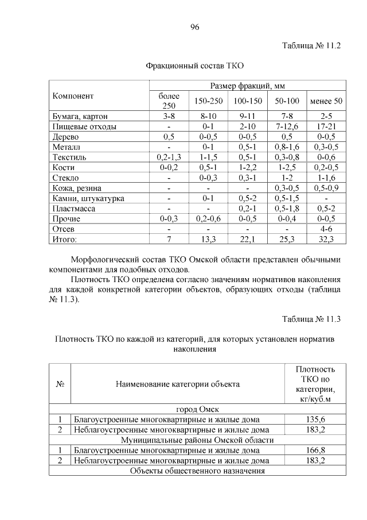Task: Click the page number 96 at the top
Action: (x=194, y=27)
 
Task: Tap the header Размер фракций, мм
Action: (x=247, y=86)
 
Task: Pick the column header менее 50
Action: (x=326, y=101)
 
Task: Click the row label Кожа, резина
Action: (x=77, y=188)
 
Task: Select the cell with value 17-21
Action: (x=326, y=126)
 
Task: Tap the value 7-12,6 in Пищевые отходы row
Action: (x=287, y=126)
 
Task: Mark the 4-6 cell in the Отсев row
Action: (x=326, y=229)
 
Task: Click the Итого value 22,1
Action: (x=247, y=239)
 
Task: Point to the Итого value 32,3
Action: (x=326, y=239)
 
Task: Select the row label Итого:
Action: (x=64, y=239)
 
